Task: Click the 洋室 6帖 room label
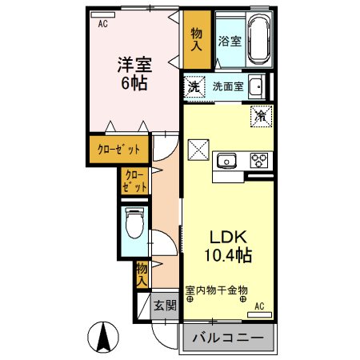coord(134,73)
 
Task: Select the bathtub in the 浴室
coord(258,41)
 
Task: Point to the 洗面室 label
coord(228,87)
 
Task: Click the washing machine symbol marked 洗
coord(194,87)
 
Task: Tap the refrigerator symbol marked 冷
coord(260,115)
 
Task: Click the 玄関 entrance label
coord(165,305)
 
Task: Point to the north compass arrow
coord(102,336)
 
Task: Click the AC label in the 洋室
coord(102,25)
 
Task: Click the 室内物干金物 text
coord(217,290)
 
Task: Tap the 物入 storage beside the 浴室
coord(197,40)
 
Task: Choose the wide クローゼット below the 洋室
coord(118,150)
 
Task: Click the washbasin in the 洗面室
coord(255,87)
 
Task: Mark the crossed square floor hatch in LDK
coord(198,150)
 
